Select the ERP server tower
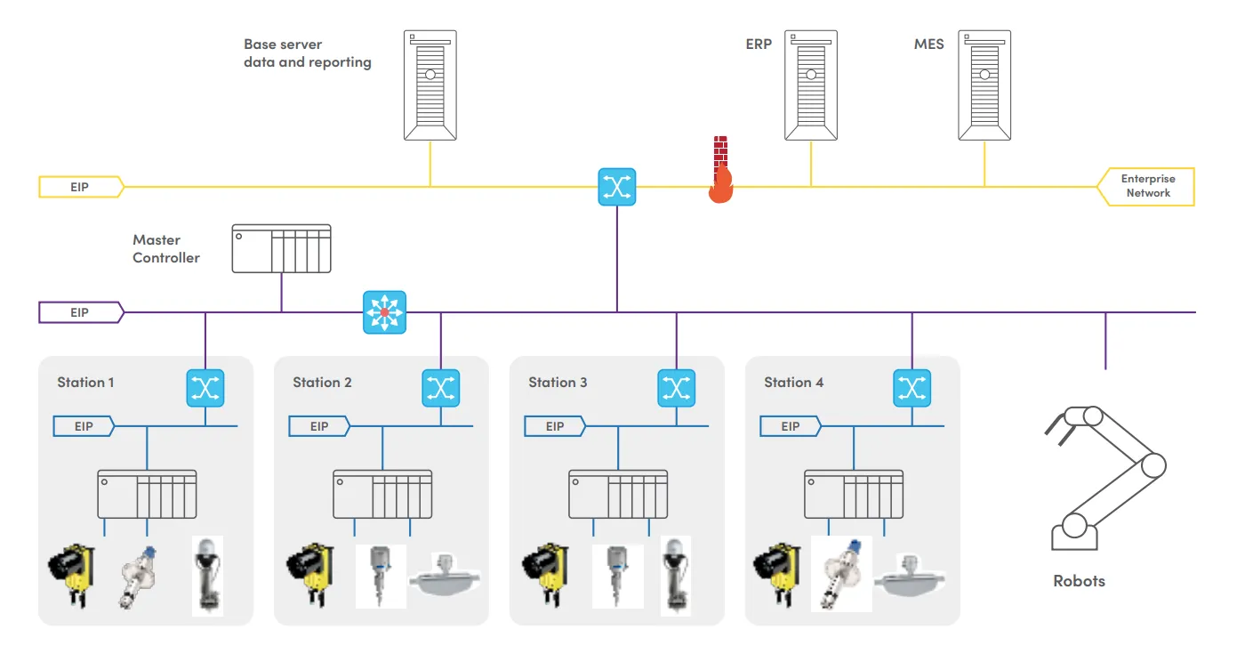coord(811,85)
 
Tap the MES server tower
coord(984,85)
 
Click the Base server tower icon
coord(430,85)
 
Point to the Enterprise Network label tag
coord(1147,186)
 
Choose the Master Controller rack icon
coord(281,248)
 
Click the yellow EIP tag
coord(81,187)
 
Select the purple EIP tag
coord(81,312)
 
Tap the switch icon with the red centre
coord(384,312)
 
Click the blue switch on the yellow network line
coord(617,187)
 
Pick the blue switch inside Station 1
coord(205,388)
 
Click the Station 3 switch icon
coord(676,388)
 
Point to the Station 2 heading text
coord(322,383)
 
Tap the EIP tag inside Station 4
coord(791,426)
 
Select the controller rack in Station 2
coord(382,494)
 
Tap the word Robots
coord(1079,581)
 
